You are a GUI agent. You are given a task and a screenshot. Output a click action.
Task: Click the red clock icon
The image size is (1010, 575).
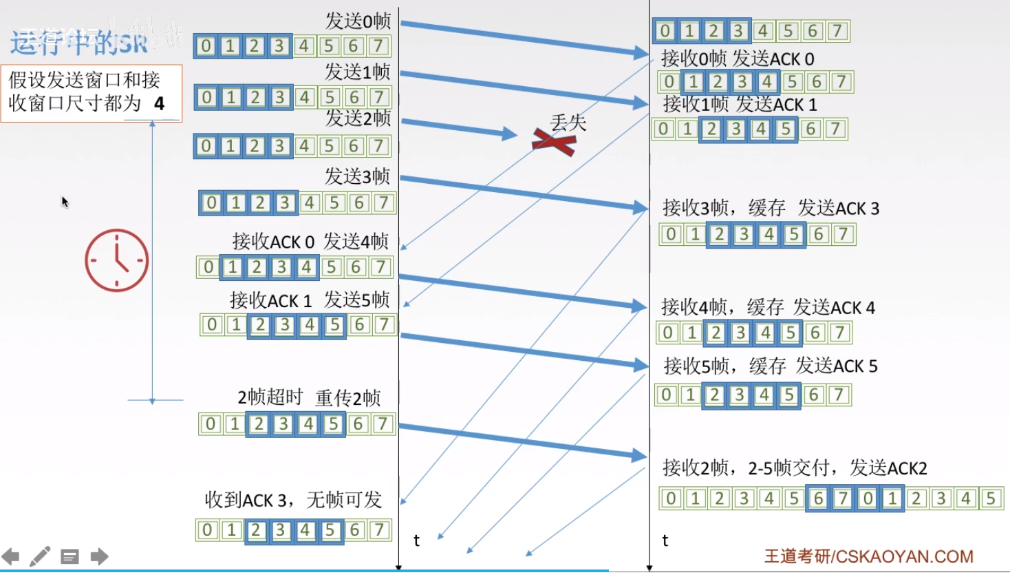pyautogui.click(x=117, y=260)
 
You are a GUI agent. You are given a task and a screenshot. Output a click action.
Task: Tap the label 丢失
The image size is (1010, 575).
pyautogui.click(x=568, y=123)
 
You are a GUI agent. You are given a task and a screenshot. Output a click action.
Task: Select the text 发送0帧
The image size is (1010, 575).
pyautogui.click(x=358, y=21)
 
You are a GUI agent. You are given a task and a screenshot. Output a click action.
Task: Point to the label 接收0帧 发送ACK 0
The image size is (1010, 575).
pyautogui.click(x=738, y=59)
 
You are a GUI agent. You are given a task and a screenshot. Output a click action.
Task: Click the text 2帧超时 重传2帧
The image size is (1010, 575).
pyautogui.click(x=309, y=397)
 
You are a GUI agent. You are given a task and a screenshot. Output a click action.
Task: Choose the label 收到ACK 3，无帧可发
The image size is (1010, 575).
pyautogui.click(x=293, y=500)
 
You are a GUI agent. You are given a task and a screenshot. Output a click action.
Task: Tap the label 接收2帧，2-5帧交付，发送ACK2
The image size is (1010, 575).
pyautogui.click(x=795, y=468)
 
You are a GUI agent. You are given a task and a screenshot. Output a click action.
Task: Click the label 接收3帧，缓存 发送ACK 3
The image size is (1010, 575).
pyautogui.click(x=771, y=208)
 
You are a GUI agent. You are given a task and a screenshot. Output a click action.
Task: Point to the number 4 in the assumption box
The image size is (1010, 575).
pyautogui.click(x=160, y=104)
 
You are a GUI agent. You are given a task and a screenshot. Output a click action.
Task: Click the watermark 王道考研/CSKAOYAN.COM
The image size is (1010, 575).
pyautogui.click(x=868, y=556)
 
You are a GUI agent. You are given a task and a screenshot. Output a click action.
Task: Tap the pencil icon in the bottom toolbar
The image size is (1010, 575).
pyautogui.click(x=40, y=556)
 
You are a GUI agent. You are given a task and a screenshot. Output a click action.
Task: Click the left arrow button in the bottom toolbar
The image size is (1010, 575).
pyautogui.click(x=11, y=556)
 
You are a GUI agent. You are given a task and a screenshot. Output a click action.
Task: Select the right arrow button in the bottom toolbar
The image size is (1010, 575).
pyautogui.click(x=100, y=556)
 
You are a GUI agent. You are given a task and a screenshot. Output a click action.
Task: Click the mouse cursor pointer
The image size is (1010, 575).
pyautogui.click(x=65, y=202)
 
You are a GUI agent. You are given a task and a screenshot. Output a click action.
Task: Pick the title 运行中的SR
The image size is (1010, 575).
pyautogui.click(x=79, y=43)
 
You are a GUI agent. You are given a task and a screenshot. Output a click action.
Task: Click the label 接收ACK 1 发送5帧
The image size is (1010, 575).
pyautogui.click(x=310, y=300)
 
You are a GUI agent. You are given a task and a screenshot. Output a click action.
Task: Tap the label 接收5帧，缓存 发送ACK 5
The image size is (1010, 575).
pyautogui.click(x=771, y=366)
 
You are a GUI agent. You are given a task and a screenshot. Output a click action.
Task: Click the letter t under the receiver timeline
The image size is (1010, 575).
pyautogui.click(x=665, y=541)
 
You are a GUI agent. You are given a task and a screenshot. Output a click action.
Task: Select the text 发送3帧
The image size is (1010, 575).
pyautogui.click(x=357, y=176)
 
